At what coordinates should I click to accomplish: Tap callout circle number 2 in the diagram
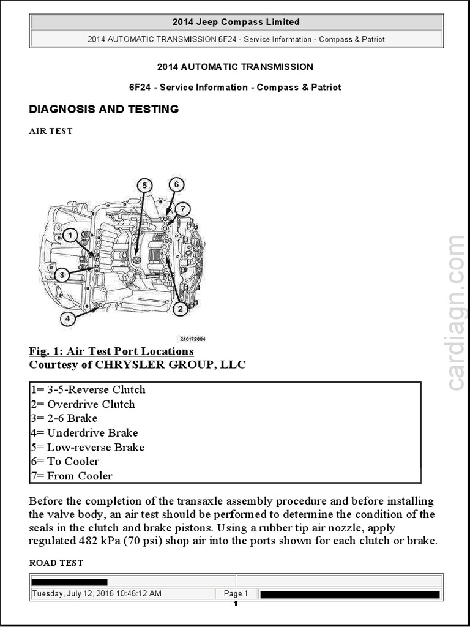click(x=179, y=309)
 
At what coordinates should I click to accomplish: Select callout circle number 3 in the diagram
click(x=61, y=275)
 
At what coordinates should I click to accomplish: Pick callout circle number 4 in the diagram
click(x=68, y=318)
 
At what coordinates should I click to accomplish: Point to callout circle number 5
click(x=144, y=185)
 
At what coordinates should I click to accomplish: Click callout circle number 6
click(x=176, y=184)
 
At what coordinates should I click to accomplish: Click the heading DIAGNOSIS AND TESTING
click(x=104, y=110)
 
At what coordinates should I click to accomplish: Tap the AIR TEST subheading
click(x=51, y=131)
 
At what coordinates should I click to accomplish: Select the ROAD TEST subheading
click(x=56, y=563)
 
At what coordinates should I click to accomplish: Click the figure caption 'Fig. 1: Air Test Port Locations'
click(x=111, y=351)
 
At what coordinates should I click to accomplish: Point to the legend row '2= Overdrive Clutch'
click(x=83, y=404)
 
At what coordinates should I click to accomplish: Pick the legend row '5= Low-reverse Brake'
click(x=87, y=447)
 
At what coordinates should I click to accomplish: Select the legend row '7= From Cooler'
click(x=71, y=476)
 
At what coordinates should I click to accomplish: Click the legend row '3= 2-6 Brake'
click(x=64, y=418)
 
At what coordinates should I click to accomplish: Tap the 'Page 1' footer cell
click(x=236, y=593)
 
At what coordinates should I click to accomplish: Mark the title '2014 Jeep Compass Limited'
click(x=236, y=22)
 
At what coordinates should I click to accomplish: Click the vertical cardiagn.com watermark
click(x=456, y=313)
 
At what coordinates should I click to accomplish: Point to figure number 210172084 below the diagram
click(x=193, y=339)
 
